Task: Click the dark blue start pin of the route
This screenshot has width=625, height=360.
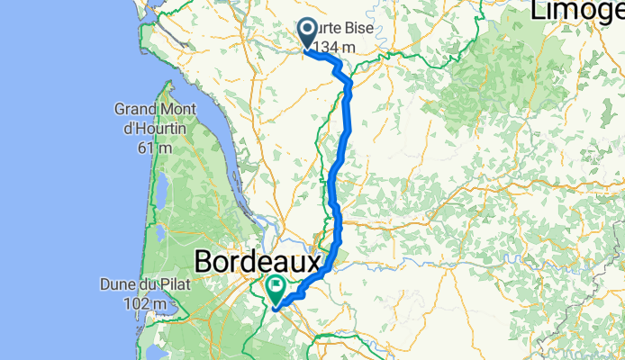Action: [307, 34]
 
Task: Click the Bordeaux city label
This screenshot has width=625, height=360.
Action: [258, 263]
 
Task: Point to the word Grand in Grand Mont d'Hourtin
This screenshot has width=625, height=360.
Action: [131, 110]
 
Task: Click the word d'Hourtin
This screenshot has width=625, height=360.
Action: [149, 129]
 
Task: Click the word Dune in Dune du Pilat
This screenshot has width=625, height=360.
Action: [119, 287]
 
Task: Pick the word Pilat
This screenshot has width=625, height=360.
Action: [167, 287]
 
